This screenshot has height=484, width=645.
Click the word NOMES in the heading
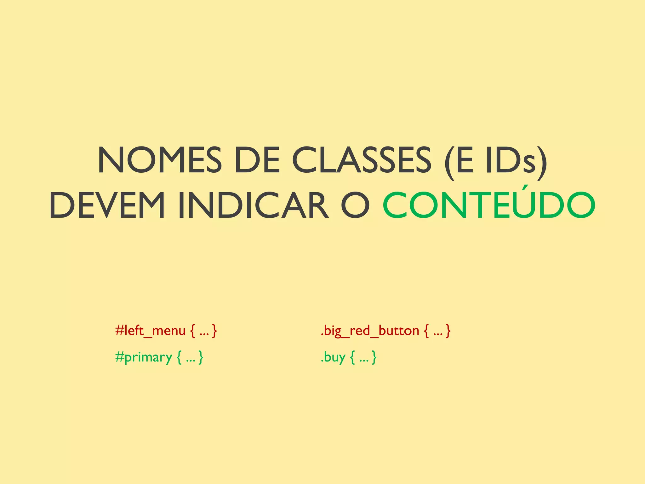tap(160, 160)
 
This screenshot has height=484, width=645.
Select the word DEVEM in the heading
tap(107, 205)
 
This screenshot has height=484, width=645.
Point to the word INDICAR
tap(253, 205)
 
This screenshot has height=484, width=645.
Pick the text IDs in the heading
tap(511, 160)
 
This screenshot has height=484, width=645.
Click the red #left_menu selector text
tap(150, 331)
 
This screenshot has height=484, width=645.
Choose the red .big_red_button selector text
tap(370, 331)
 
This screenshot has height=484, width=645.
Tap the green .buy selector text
tap(333, 357)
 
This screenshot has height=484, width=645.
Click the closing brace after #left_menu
tap(214, 331)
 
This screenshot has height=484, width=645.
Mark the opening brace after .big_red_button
tap(426, 331)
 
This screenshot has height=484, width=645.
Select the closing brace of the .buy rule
tap(374, 358)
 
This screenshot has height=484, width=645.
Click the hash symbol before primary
tap(120, 357)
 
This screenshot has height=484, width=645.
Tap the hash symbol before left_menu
tap(120, 330)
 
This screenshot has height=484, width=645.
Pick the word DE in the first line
tap(257, 160)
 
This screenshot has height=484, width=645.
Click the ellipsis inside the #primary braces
tap(191, 360)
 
